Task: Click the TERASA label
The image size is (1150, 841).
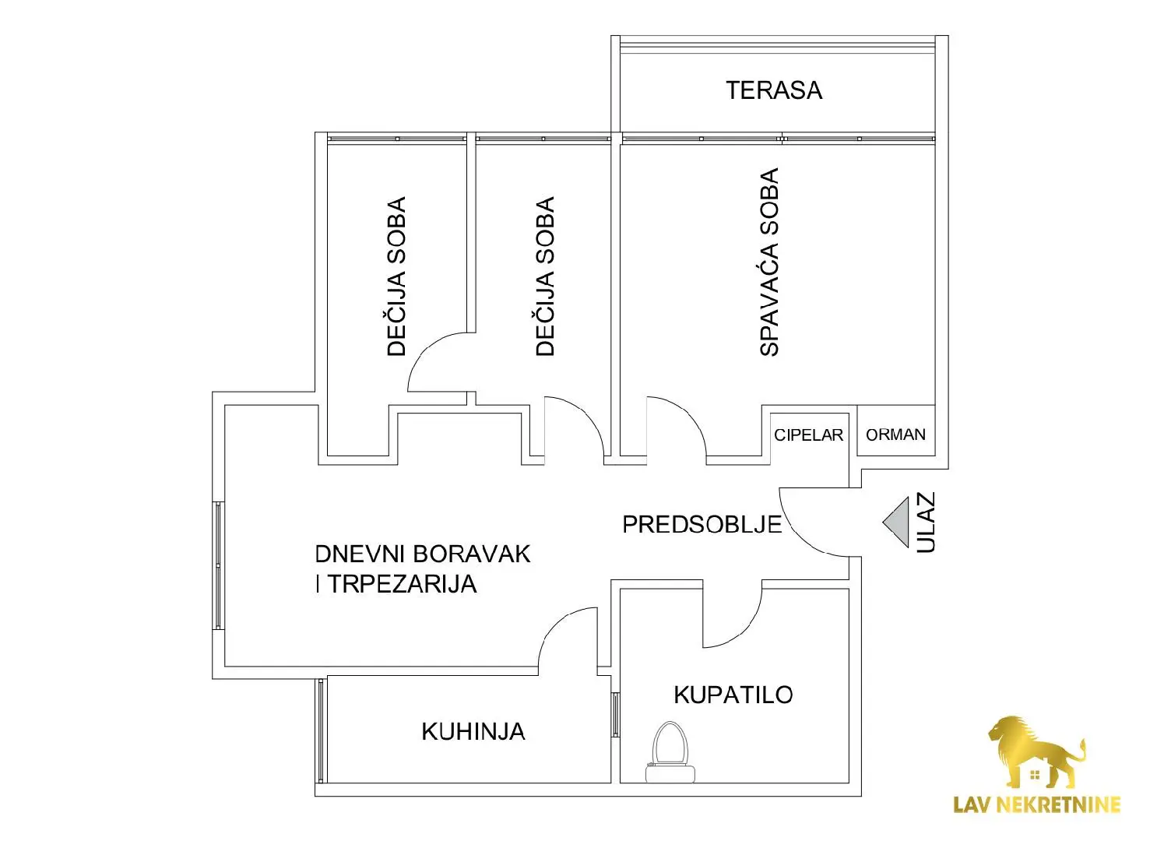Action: (774, 90)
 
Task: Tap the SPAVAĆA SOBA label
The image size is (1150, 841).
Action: (769, 262)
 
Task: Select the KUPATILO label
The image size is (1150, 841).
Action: (733, 695)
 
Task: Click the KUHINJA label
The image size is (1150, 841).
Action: (473, 732)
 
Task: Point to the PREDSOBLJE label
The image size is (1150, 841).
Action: (702, 524)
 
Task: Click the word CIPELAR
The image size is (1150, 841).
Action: (809, 435)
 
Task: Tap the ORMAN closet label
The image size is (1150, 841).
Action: (896, 435)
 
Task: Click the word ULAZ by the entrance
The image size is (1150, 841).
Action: (926, 523)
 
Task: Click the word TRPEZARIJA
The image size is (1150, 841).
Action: (402, 584)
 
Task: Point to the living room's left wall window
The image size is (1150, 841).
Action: (218, 565)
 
